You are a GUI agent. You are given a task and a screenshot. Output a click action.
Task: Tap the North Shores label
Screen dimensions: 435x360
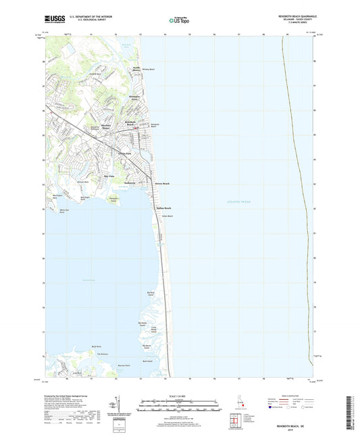(136, 69)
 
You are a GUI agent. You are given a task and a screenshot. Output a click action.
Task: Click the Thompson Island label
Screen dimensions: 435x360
(113, 199)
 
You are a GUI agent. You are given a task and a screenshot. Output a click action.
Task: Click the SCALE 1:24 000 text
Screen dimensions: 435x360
(180, 396)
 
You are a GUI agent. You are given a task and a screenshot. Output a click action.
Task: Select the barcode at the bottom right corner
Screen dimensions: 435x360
(349, 415)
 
